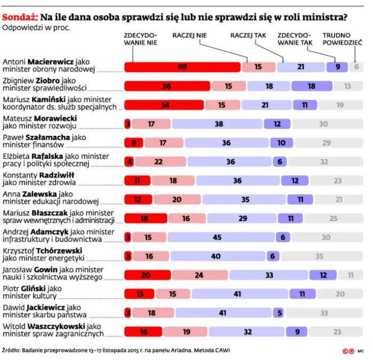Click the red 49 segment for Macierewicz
tap(182, 67)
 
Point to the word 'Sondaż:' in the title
tap(19, 16)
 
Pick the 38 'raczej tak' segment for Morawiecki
tap(218, 124)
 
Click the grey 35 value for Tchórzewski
tap(319, 256)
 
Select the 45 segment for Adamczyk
tap(217, 237)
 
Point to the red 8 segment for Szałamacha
tap(134, 143)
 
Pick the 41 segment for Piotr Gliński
tap(238, 294)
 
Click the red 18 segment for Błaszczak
tap(144, 218)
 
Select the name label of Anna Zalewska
tap(51, 198)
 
